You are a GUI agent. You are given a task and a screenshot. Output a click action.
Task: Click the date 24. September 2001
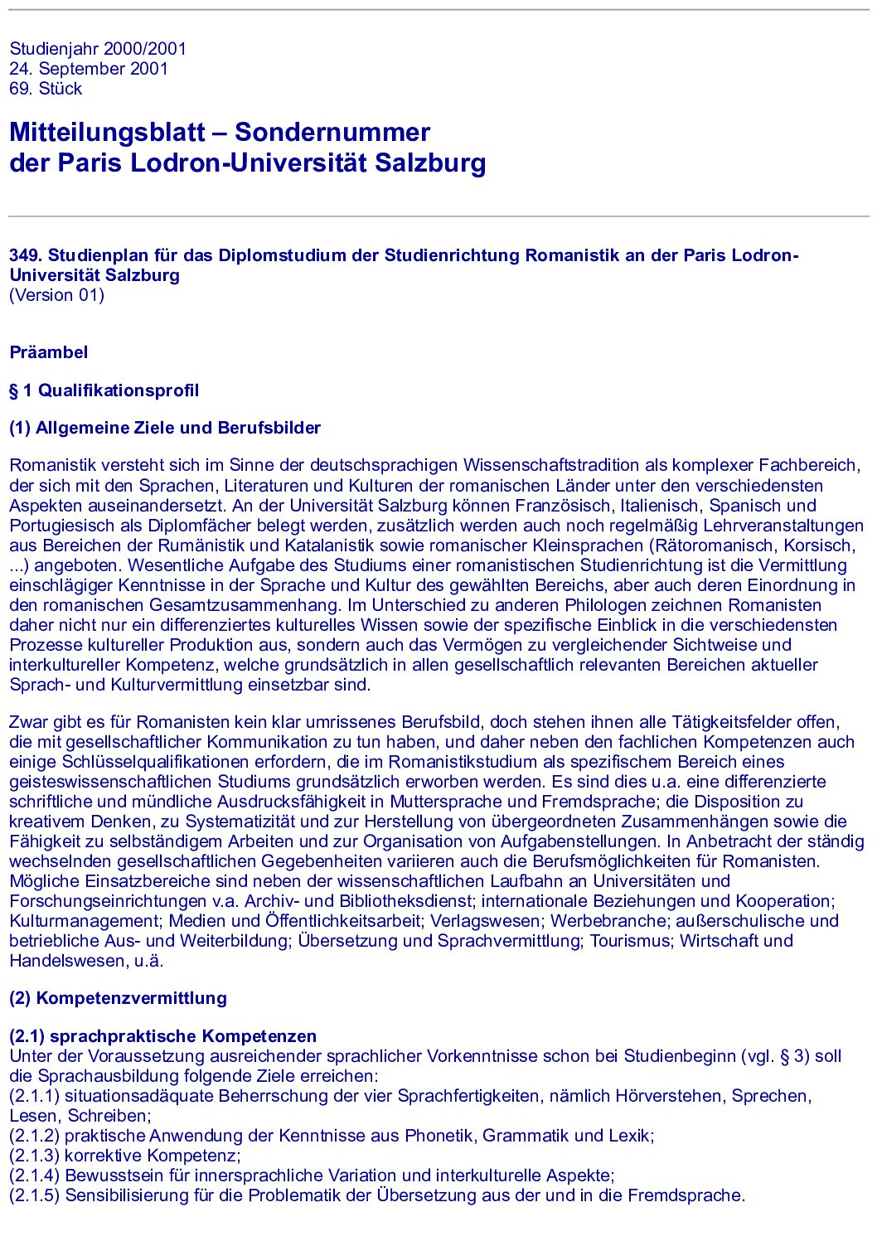[89, 69]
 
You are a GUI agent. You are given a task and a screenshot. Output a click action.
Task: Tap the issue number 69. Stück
[46, 89]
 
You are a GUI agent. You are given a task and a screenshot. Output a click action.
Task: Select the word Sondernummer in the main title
[332, 132]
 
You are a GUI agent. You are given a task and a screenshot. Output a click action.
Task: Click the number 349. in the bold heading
[26, 255]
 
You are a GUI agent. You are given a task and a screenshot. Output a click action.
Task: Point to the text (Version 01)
[56, 295]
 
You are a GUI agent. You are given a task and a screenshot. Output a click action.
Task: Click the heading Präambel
[48, 352]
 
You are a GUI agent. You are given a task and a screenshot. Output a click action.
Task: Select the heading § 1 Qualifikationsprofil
[104, 390]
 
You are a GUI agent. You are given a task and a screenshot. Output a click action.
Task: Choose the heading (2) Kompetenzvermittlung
[118, 998]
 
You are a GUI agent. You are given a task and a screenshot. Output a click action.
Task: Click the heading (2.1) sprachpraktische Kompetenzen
[162, 1036]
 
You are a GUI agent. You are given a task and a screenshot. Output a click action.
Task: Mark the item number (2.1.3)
[34, 1156]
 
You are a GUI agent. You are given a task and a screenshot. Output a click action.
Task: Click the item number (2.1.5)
[34, 1195]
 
